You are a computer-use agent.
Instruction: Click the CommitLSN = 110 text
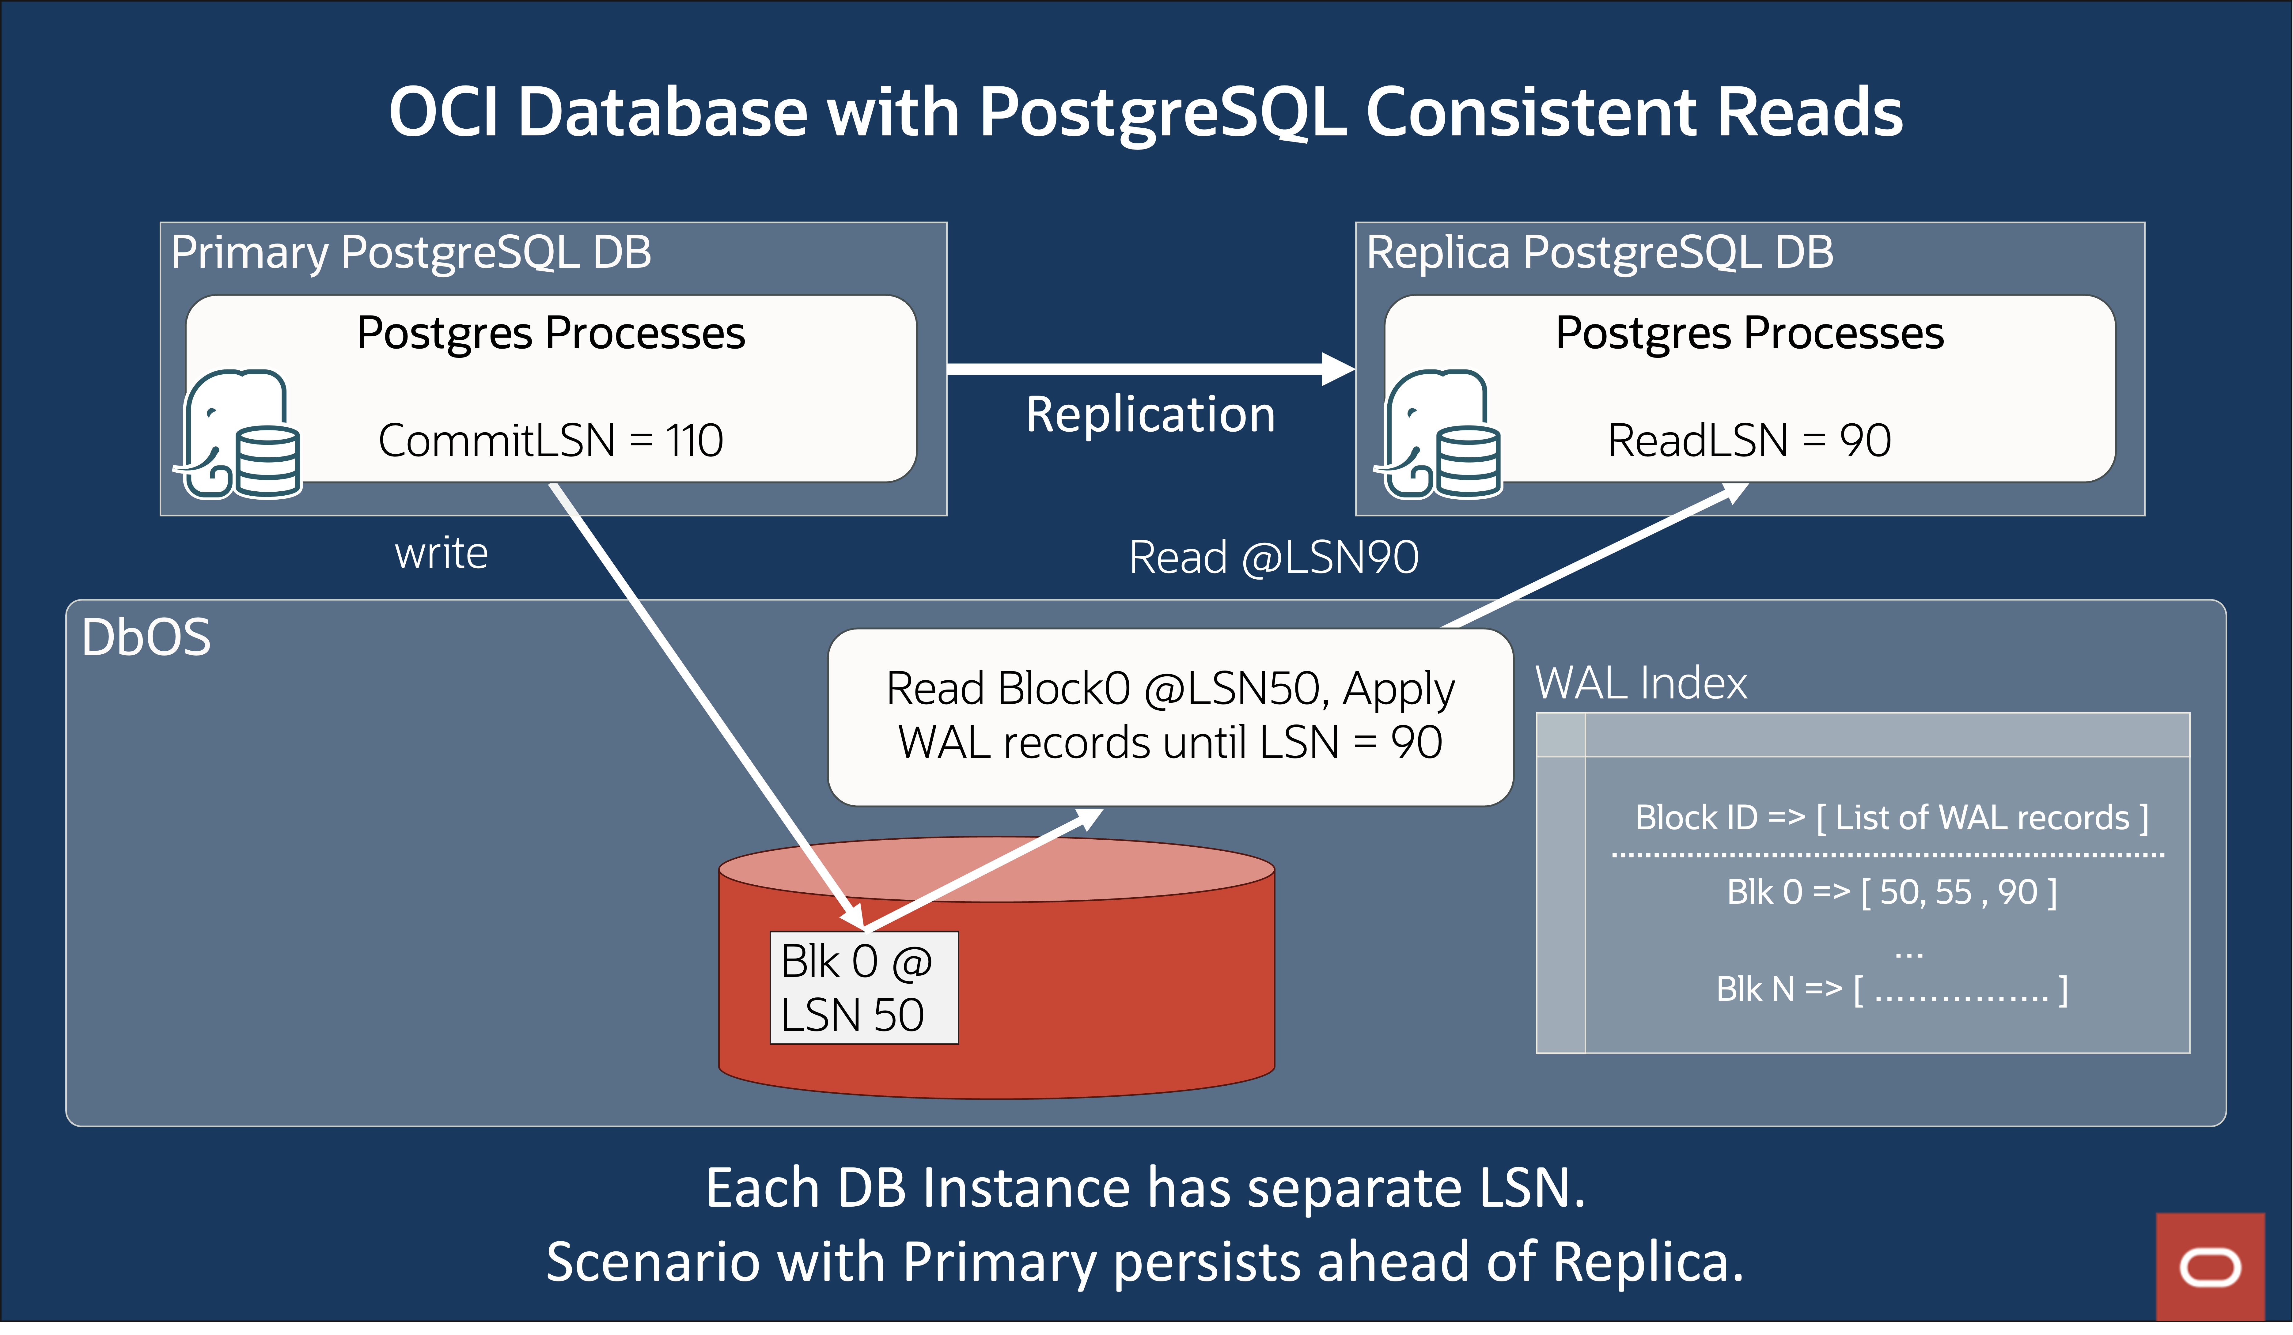tap(551, 441)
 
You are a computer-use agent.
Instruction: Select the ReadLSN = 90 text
tap(1749, 441)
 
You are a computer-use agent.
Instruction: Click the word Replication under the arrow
tap(1150, 415)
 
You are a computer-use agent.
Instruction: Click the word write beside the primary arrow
tap(441, 553)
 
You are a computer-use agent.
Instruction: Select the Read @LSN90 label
tap(1273, 557)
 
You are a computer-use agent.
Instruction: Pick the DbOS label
tap(146, 637)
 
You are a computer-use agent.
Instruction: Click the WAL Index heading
tap(1641, 683)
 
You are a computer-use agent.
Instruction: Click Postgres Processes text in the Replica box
tap(1749, 333)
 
